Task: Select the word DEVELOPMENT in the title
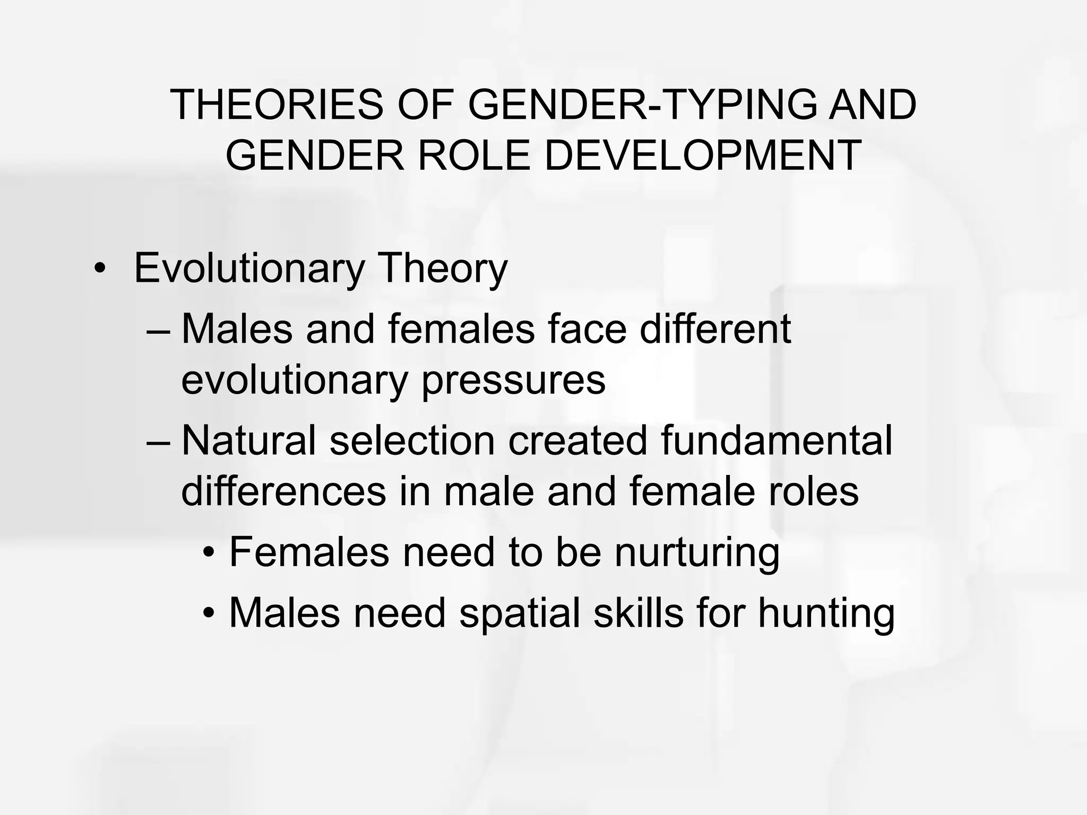coord(703,155)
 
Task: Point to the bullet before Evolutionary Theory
coord(99,268)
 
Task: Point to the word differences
coord(283,491)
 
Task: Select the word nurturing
coord(697,553)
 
